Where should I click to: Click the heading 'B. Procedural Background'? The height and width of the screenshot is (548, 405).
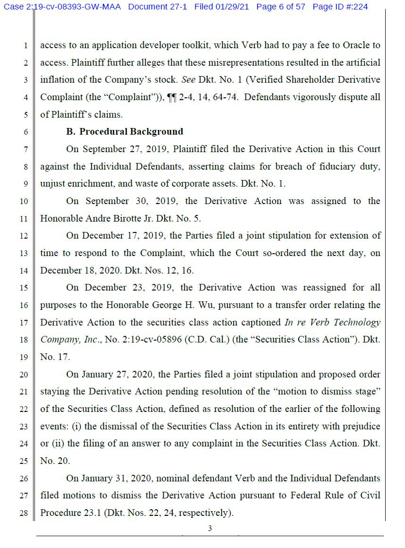coord(125,132)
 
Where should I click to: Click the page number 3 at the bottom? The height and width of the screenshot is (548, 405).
coord(210,529)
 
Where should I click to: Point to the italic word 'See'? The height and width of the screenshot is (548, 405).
coord(189,80)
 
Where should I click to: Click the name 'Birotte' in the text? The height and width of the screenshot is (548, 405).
coord(127,218)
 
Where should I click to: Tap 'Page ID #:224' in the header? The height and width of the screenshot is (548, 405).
coord(340,7)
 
